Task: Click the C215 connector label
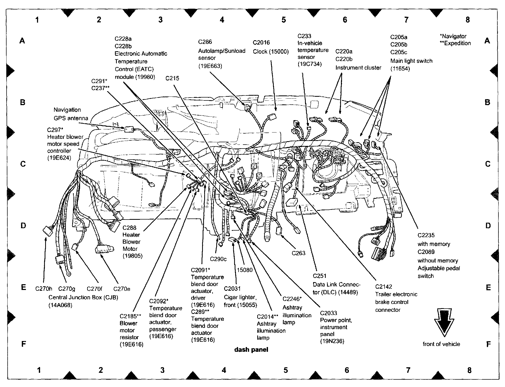point(172,78)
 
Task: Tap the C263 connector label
point(298,253)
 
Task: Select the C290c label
point(218,259)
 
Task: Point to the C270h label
point(44,289)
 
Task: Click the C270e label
point(122,289)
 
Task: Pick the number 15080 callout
point(245,270)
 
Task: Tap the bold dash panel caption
point(251,350)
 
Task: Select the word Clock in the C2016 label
point(260,52)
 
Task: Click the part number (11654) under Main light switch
point(400,69)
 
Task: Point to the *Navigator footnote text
point(453,36)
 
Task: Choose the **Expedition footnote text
point(455,43)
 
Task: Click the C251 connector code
point(319,276)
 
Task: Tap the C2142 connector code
point(383,287)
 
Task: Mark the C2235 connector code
point(426,235)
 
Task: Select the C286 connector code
point(205,42)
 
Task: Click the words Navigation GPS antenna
point(71,114)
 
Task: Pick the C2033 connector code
point(328,313)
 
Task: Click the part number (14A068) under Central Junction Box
point(60,305)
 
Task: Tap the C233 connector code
point(304,36)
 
